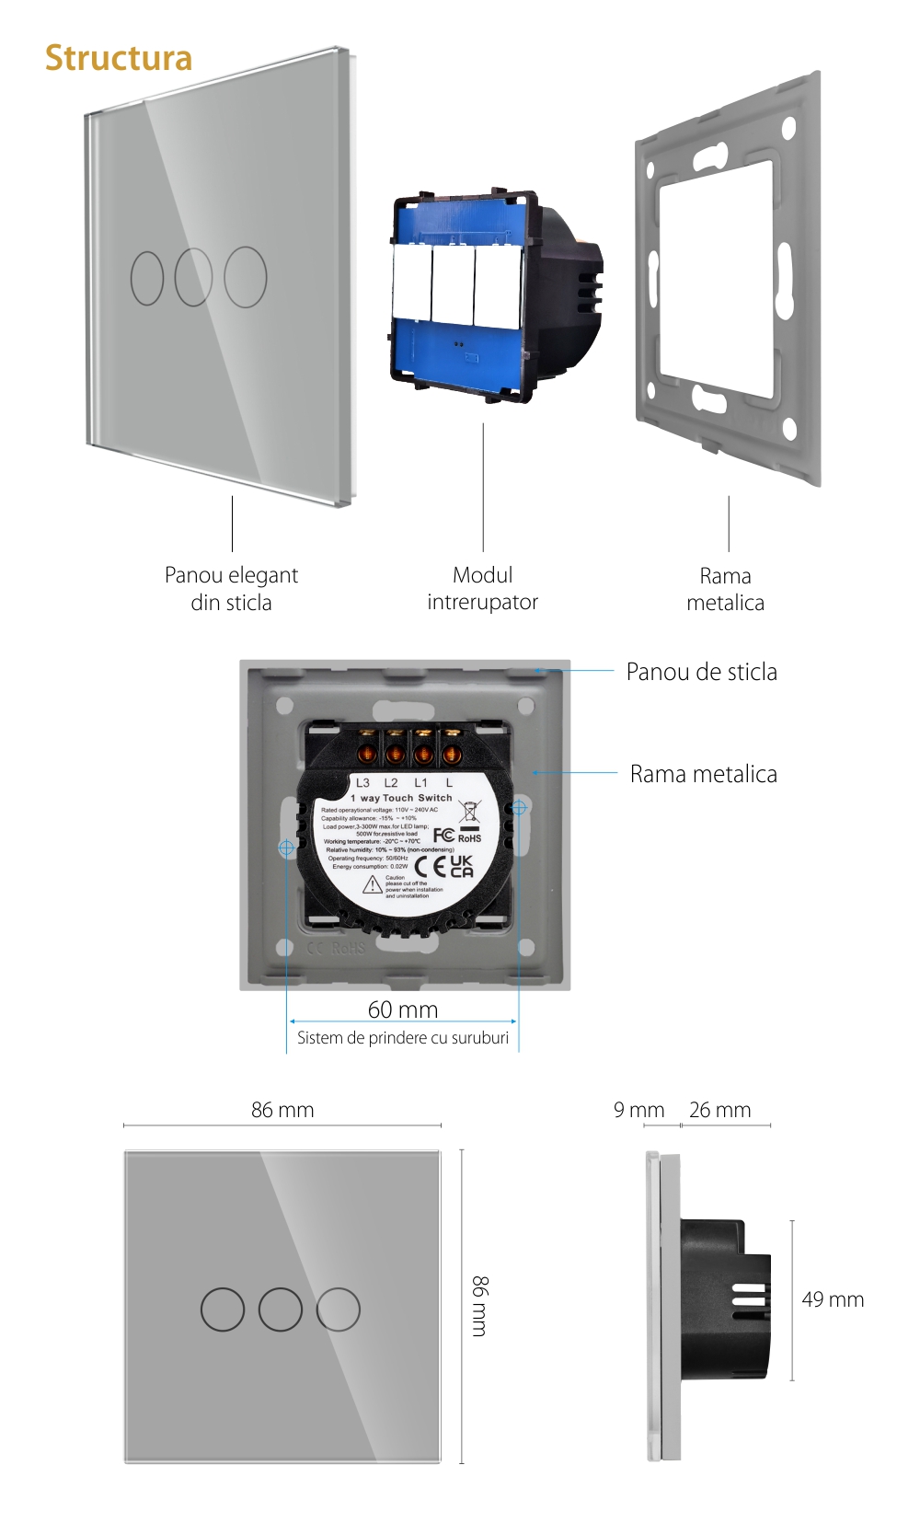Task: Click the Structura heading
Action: click(x=119, y=58)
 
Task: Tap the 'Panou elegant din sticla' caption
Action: click(x=231, y=589)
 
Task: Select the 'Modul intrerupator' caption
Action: click(x=482, y=589)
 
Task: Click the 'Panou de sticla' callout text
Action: click(x=701, y=672)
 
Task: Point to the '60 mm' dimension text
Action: click(x=403, y=1010)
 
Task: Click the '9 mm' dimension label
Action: click(x=638, y=1110)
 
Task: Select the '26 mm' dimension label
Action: click(x=719, y=1110)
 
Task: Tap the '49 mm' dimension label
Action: click(x=833, y=1299)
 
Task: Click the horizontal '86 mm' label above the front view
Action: click(x=282, y=1110)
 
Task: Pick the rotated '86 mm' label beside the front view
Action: click(x=480, y=1306)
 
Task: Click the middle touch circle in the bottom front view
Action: click(x=281, y=1309)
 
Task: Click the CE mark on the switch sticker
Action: click(x=430, y=866)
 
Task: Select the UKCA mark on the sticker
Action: click(x=462, y=866)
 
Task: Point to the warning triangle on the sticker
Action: click(x=372, y=885)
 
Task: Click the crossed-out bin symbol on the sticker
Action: click(x=469, y=811)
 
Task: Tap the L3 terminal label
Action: click(x=362, y=783)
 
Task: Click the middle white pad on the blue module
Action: click(x=453, y=284)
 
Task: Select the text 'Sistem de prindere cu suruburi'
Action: click(x=403, y=1038)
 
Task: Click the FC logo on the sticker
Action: click(x=443, y=835)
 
